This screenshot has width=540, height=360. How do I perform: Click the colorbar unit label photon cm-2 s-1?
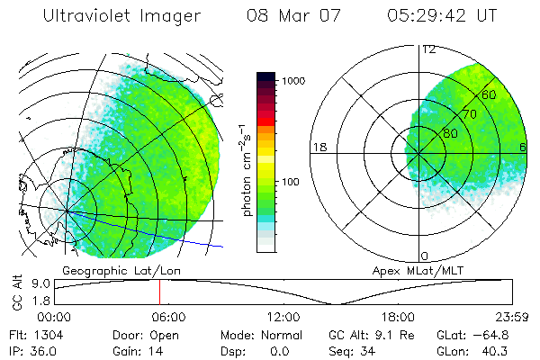click(247, 171)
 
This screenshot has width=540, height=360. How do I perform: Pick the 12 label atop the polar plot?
click(428, 49)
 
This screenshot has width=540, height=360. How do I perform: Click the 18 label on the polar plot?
click(318, 147)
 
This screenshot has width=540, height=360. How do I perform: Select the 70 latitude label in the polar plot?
click(469, 114)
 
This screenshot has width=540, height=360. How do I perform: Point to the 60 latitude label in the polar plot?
click(489, 94)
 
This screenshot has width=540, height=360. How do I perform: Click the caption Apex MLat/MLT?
click(409, 269)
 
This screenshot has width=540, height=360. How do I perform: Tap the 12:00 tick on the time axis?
click(283, 317)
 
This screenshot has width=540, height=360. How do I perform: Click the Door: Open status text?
click(143, 334)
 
